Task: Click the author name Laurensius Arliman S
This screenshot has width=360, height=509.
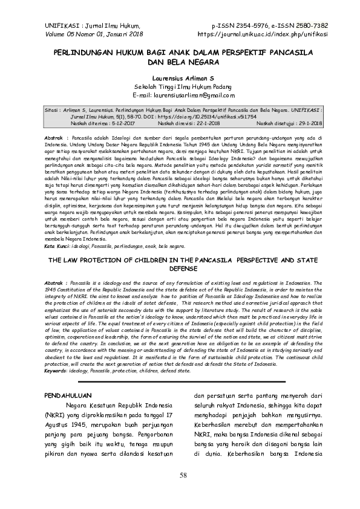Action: tap(180, 79)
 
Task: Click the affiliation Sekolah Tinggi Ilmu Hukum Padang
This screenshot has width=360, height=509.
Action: tap(180, 87)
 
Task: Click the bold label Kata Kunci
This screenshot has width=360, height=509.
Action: tap(60, 246)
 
